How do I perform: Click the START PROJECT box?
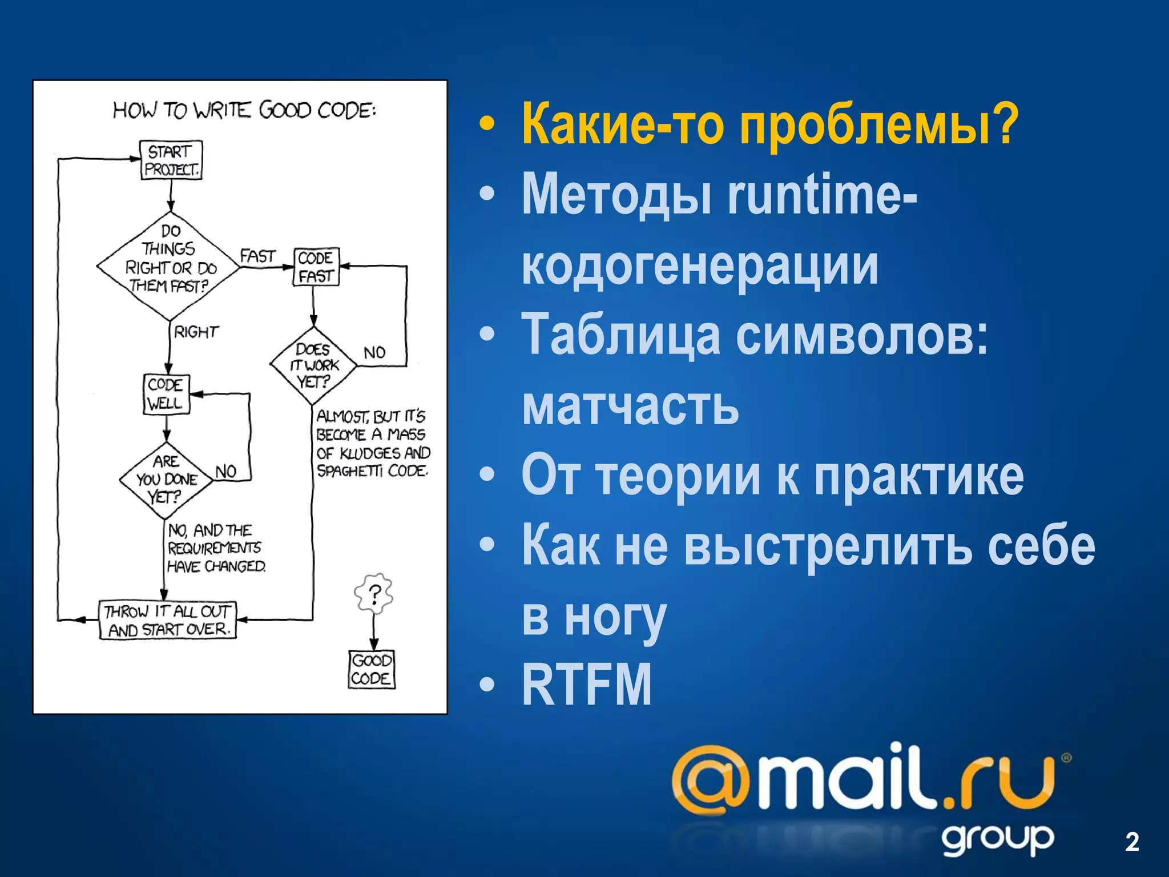click(x=171, y=160)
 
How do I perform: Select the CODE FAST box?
click(x=316, y=267)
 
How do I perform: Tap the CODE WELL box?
click(x=166, y=394)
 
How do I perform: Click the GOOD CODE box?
click(x=372, y=669)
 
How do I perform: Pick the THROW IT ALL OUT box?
click(x=168, y=620)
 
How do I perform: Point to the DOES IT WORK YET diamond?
click(x=313, y=365)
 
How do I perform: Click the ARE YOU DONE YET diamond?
click(x=166, y=480)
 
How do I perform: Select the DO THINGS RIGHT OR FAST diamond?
click(x=170, y=266)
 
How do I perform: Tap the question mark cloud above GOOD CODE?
click(x=374, y=594)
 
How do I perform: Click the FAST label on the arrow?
click(x=257, y=256)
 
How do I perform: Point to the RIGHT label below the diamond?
click(x=196, y=332)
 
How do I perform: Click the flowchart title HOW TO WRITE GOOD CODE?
click(x=245, y=110)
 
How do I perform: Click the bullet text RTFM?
click(x=586, y=685)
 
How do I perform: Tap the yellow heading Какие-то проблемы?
click(x=769, y=124)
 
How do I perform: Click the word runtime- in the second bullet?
click(x=822, y=195)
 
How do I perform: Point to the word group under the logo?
click(x=998, y=840)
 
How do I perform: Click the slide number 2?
click(x=1132, y=842)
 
